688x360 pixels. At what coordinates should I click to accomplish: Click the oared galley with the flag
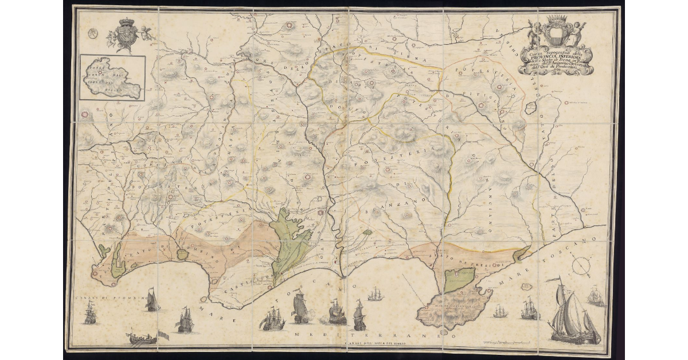142,338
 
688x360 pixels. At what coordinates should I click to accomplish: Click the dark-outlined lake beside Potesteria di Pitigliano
531,107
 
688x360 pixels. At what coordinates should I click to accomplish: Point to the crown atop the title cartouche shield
556,20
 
